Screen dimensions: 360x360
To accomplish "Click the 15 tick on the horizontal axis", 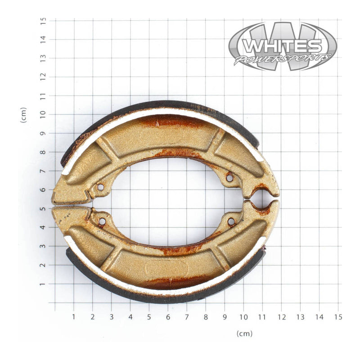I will coord(338,317).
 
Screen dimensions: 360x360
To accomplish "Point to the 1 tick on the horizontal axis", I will coord(74,317).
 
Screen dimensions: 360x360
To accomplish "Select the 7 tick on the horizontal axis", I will coord(187,317).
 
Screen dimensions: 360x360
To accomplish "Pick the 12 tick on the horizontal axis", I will coord(281,317).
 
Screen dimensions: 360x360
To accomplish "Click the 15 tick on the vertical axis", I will coord(43,21).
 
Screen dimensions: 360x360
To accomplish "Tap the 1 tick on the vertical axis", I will coord(43,284).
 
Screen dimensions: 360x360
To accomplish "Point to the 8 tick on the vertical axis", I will coord(43,153).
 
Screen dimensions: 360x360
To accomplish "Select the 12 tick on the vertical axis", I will coord(43,77).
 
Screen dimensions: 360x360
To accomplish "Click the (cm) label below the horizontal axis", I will coord(244,333).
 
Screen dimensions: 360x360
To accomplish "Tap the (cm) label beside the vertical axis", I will coord(23,115).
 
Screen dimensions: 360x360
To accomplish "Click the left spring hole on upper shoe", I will coord(100,186).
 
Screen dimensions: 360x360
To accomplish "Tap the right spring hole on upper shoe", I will coord(229,178).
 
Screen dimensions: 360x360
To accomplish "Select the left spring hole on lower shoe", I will coord(102,221).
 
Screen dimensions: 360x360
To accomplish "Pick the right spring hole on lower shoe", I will coord(231,221).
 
